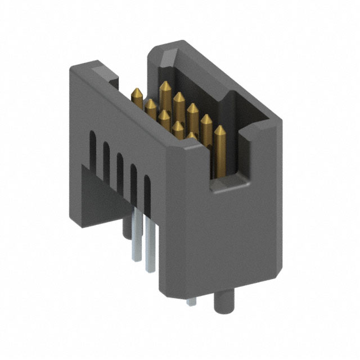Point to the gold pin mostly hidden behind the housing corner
[x=192, y=136]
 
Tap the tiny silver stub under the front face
[x=192, y=301]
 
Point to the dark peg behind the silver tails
[x=125, y=228]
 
